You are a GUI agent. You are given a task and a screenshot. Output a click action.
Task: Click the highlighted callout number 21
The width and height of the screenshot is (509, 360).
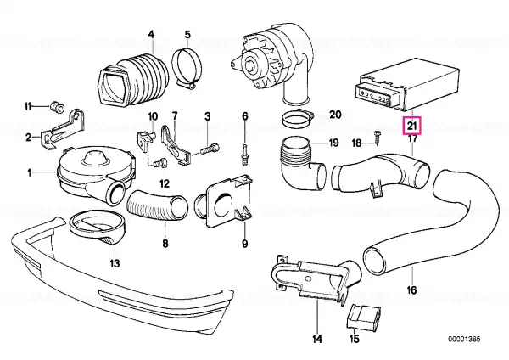pyautogui.click(x=411, y=126)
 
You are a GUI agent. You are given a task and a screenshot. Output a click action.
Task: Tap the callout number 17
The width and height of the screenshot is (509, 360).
pyautogui.click(x=412, y=138)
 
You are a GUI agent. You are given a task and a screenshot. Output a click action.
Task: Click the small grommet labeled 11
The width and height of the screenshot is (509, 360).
pyautogui.click(x=58, y=107)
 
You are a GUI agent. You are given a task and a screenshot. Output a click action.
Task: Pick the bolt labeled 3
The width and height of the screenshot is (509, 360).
pyautogui.click(x=210, y=149)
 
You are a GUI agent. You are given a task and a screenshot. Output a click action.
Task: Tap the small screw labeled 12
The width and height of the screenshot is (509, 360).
pyautogui.click(x=159, y=163)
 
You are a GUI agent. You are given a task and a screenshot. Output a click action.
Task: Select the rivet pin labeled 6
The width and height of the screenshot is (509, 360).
pyautogui.click(x=245, y=155)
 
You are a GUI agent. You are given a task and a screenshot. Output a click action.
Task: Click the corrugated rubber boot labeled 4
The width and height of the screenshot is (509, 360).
pyautogui.click(x=133, y=81)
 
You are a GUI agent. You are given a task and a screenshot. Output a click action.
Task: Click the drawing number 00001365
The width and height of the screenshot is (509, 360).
pyautogui.click(x=464, y=340)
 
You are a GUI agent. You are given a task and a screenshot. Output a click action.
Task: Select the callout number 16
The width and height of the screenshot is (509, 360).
pyautogui.click(x=411, y=290)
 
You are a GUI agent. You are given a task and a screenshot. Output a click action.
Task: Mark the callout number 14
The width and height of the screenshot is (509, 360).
pyautogui.click(x=317, y=339)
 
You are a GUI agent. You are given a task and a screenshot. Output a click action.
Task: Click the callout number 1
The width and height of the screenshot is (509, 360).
pyautogui.click(x=30, y=172)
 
